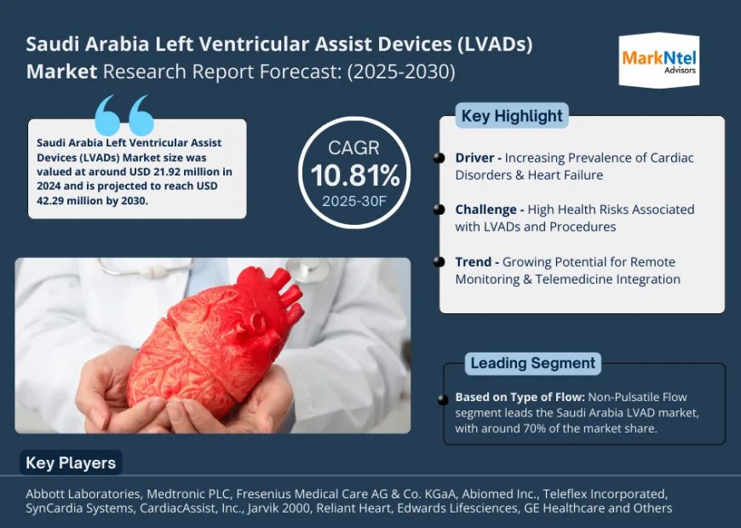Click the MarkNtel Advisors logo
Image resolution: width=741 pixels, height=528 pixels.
pos(658,60)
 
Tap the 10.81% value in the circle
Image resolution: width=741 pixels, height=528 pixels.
pos(354,176)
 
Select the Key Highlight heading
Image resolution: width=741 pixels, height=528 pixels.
pos(511,116)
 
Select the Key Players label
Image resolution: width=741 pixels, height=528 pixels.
pos(71,463)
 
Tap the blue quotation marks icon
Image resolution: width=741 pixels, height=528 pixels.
pos(124,115)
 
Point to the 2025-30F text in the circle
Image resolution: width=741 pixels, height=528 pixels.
pos(354,202)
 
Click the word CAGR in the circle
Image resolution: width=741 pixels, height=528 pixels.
pos(354,149)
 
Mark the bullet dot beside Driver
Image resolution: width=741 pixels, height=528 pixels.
pos(439,158)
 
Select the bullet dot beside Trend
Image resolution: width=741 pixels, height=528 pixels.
pos(439,262)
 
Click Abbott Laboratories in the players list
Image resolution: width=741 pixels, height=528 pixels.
pos(83,493)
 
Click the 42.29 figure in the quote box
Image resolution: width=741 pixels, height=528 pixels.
pos(54,199)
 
